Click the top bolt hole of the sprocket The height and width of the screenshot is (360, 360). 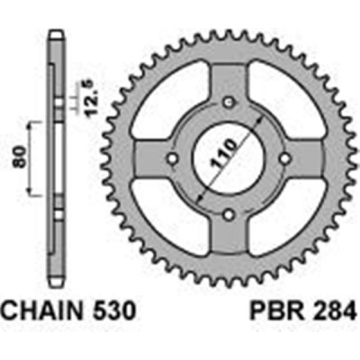(x=229, y=102)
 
